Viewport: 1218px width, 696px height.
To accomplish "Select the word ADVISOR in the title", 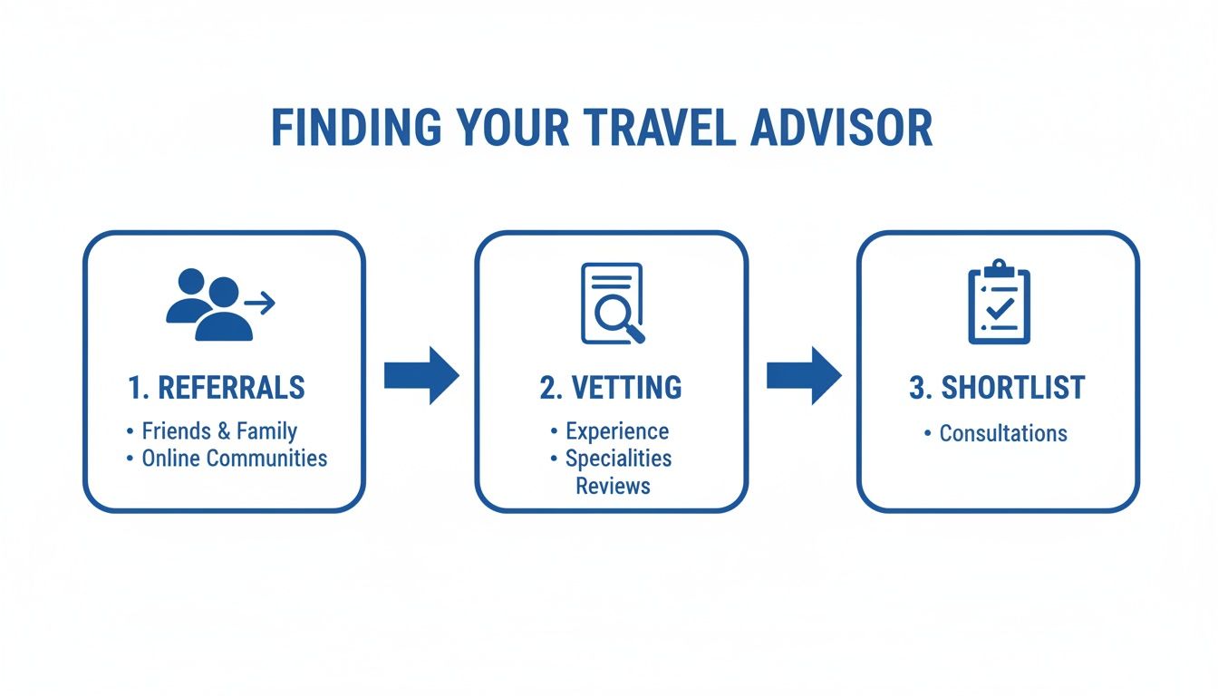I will click(841, 129).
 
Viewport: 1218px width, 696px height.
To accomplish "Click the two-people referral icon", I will click(210, 304).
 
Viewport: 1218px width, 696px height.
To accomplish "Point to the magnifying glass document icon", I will click(613, 304).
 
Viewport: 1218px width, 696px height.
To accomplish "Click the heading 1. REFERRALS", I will click(216, 388).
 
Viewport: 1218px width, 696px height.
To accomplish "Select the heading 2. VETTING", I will click(611, 388).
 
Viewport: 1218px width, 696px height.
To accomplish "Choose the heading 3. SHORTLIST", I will click(997, 388).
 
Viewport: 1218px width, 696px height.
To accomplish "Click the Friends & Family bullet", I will click(219, 431).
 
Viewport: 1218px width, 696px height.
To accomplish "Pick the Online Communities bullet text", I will click(234, 458).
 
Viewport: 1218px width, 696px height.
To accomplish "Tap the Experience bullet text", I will click(617, 431).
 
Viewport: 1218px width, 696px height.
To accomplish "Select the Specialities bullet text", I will click(618, 459).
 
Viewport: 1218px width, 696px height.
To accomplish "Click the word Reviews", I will click(613, 486).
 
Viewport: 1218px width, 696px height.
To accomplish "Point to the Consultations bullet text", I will click(1003, 433).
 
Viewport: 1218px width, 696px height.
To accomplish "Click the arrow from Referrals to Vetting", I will click(421, 374).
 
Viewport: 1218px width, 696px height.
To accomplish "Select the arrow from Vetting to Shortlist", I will click(804, 374).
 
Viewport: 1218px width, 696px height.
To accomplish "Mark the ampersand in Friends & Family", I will click(223, 431).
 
